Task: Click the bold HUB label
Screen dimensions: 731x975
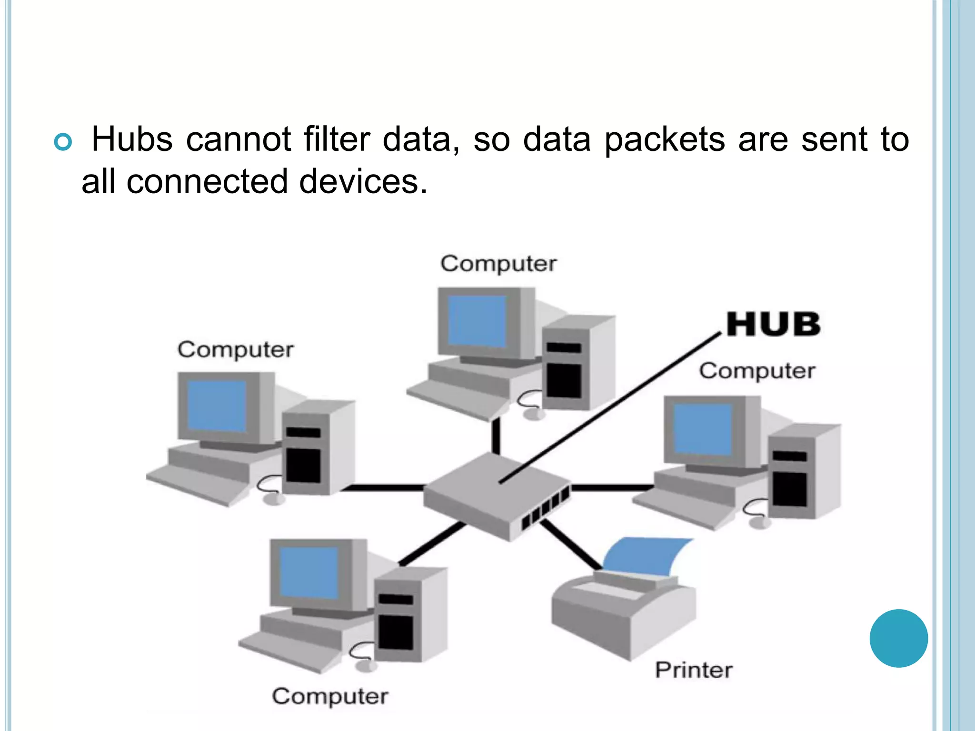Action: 774,325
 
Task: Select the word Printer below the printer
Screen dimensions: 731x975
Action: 694,670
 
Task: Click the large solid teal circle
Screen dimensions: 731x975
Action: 898,638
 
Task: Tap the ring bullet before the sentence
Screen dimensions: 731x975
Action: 63,142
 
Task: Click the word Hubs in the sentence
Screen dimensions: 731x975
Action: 132,139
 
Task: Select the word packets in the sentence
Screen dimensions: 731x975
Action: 665,140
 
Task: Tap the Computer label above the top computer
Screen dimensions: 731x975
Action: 498,264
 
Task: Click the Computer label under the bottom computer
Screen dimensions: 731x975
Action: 330,696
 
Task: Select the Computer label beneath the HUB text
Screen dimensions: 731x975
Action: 757,371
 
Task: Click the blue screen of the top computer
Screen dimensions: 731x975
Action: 477,321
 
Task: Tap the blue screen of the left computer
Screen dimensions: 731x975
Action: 217,406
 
